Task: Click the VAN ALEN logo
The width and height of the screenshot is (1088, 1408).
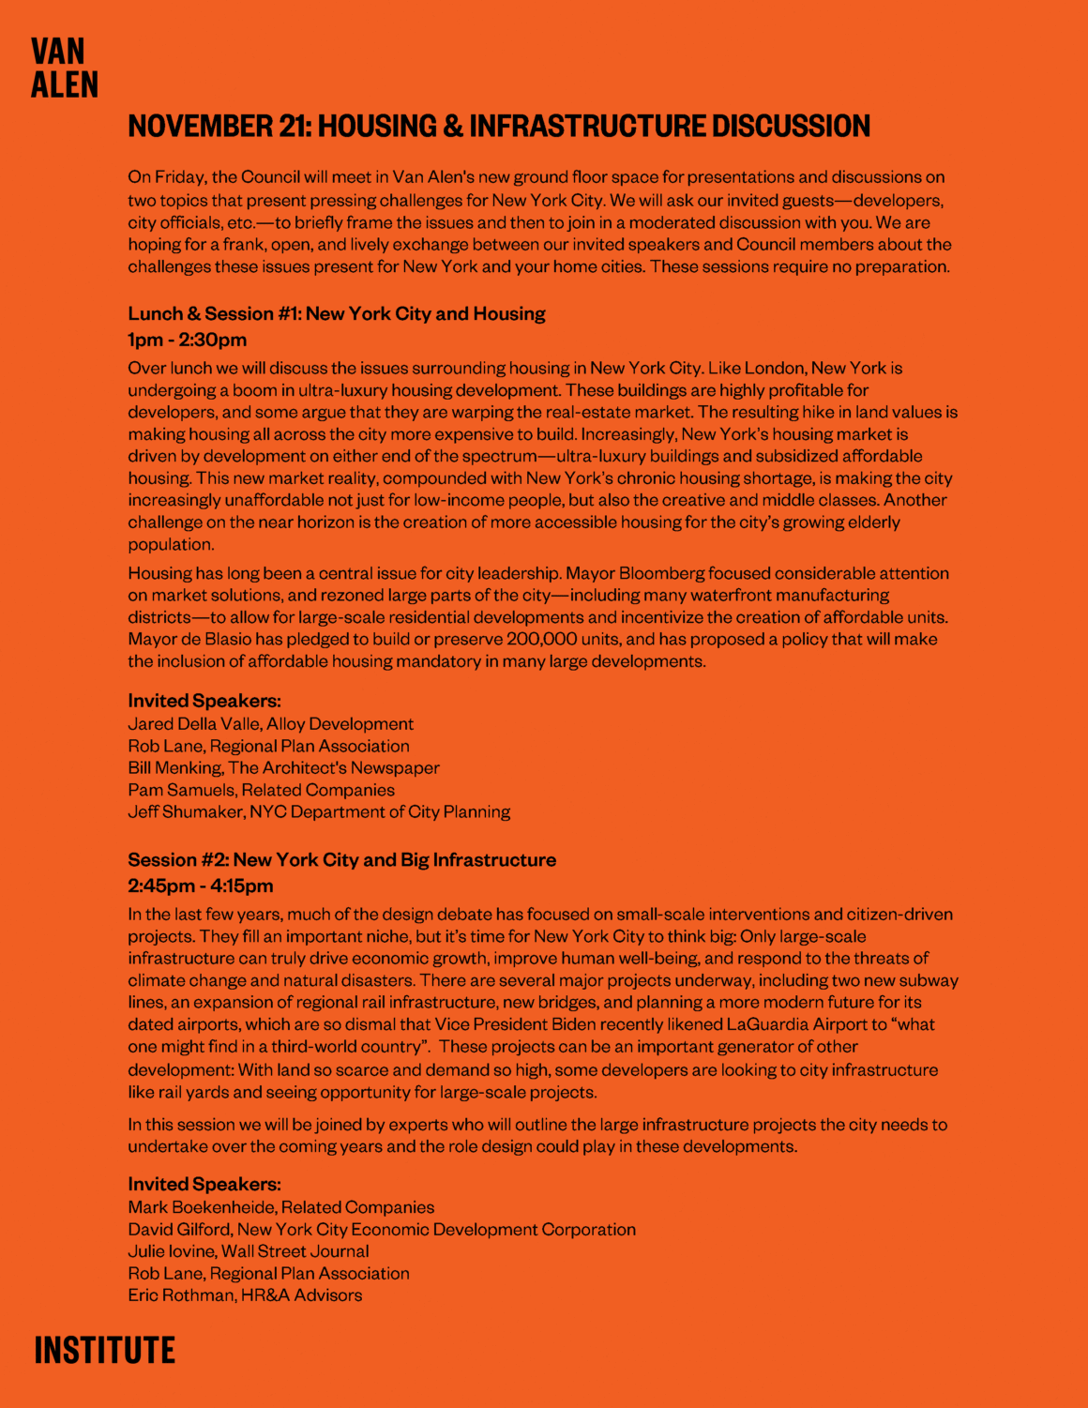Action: (64, 68)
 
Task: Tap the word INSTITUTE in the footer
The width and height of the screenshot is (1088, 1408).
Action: (104, 1351)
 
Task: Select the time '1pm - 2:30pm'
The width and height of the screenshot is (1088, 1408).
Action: (188, 340)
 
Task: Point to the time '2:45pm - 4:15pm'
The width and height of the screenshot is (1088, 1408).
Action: (201, 886)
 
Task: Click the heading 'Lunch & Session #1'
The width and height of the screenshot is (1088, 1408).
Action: (213, 314)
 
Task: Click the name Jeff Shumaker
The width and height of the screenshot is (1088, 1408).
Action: (184, 811)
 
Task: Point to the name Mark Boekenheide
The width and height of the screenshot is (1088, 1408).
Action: (201, 1207)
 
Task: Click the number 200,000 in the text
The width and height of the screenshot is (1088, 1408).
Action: (542, 640)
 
